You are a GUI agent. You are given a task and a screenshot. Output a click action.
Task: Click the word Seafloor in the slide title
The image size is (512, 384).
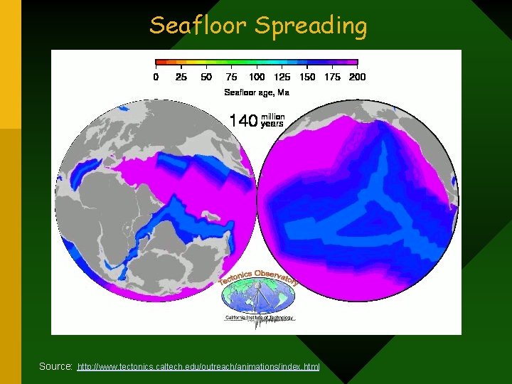point(198,26)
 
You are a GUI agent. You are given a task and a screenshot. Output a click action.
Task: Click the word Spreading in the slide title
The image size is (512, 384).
point(311,26)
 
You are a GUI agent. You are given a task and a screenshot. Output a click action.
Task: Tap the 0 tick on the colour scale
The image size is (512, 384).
point(156,77)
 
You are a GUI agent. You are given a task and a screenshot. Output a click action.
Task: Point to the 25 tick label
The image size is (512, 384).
point(181,77)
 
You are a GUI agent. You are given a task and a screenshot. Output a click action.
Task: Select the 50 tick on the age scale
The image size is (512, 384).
point(206,77)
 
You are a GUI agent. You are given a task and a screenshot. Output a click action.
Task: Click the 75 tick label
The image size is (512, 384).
point(231,77)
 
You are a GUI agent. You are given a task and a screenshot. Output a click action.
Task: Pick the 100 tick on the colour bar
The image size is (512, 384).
point(257,77)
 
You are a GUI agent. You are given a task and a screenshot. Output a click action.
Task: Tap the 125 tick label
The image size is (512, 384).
point(282,77)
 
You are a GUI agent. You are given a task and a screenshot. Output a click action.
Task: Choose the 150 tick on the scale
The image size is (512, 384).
point(307,77)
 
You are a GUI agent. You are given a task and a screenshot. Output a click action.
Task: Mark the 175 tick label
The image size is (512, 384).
point(332,77)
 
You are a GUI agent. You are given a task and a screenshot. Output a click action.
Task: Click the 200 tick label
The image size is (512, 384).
point(357,77)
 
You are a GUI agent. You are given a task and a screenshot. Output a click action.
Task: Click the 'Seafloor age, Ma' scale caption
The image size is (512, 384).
point(257,92)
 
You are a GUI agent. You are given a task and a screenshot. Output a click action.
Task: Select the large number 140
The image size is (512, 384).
point(242,121)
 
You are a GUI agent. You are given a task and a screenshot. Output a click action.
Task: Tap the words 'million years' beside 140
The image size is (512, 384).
point(272,120)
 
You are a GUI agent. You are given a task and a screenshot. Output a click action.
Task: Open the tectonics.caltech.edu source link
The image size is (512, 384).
point(198,367)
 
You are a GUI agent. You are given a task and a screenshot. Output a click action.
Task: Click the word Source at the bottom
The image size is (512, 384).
point(55,366)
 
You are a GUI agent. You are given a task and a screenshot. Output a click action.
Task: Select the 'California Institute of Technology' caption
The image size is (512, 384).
point(259,318)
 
